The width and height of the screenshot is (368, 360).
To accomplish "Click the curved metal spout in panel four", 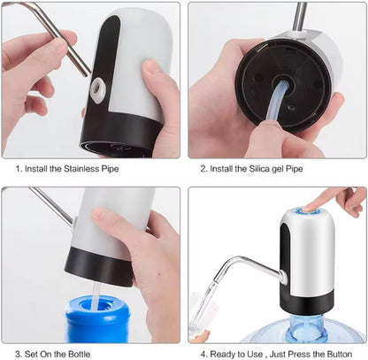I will point(248,264).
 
